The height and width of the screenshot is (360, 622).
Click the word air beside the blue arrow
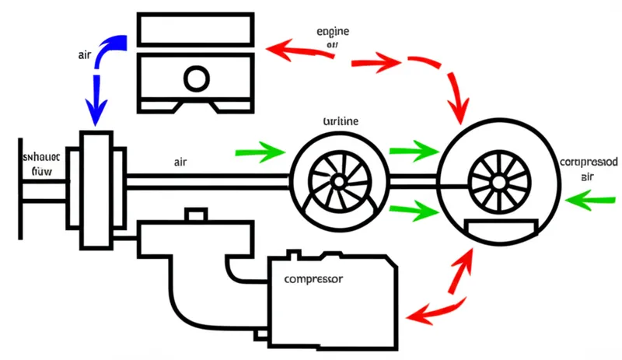(87, 55)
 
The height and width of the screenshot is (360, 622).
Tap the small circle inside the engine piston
(195, 79)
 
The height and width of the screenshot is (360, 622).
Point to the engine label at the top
(334, 33)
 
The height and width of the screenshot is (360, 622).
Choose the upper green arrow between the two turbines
(412, 149)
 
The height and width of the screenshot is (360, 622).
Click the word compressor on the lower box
(314, 278)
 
